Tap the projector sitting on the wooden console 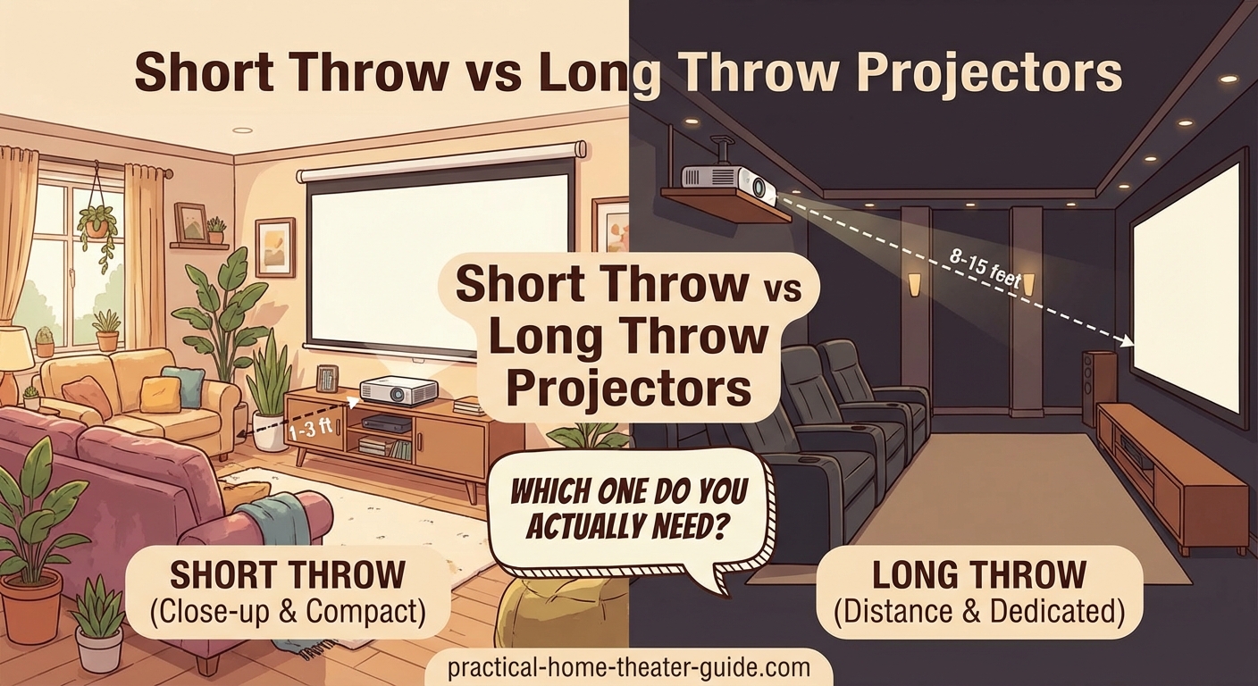point(398,391)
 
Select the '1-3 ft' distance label point(311,429)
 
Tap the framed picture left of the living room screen point(274,247)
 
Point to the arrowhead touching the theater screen point(1128,340)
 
